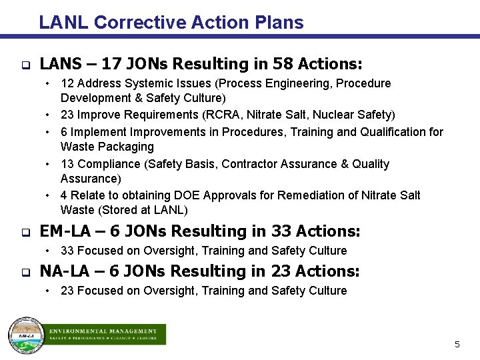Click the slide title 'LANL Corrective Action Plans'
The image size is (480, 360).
coord(171,23)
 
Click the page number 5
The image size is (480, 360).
coord(457,345)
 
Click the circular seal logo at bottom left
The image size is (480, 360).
coord(25,334)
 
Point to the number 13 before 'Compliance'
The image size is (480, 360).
coord(67,164)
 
